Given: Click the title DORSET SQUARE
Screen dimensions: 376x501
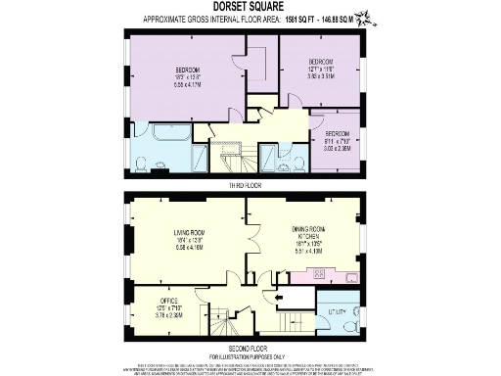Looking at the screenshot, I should pos(250,6).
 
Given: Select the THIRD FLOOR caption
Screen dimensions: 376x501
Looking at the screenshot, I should pos(249,184).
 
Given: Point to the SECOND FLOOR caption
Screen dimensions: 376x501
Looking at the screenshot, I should pos(250,347).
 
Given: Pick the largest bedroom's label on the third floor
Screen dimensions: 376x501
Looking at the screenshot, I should pos(187,71).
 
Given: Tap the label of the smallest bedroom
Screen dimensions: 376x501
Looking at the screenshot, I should pos(338,134).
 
